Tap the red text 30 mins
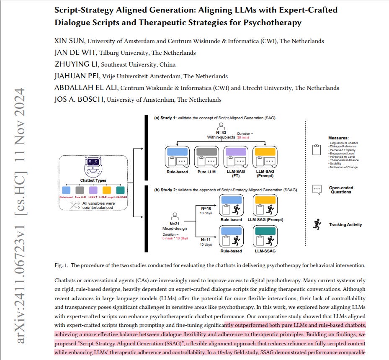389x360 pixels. pyautogui.click(x=243, y=137)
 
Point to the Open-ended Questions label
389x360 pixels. pyautogui.click(x=340, y=190)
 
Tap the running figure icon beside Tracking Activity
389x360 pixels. pyautogui.click(x=317, y=224)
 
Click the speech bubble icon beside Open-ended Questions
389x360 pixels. pyautogui.click(x=317, y=190)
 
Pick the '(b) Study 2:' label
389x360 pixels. pyautogui.click(x=167, y=190)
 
